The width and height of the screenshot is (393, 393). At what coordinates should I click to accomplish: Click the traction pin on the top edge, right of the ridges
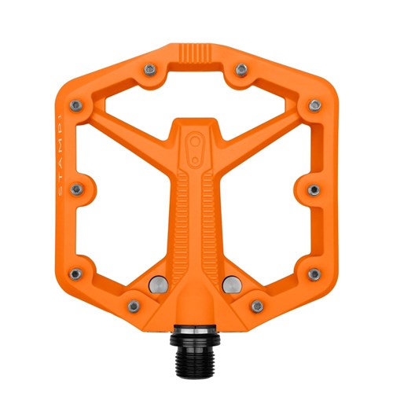(x=242, y=70)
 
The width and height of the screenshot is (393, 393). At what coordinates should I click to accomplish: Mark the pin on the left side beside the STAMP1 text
(x=77, y=189)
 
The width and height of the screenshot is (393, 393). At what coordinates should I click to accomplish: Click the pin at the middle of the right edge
(x=312, y=189)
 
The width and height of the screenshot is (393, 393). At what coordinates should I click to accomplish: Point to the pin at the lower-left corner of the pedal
(x=75, y=274)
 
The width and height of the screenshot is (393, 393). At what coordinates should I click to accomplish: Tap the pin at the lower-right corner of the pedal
(x=314, y=274)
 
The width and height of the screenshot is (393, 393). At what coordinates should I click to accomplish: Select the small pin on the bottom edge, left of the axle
(x=134, y=305)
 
